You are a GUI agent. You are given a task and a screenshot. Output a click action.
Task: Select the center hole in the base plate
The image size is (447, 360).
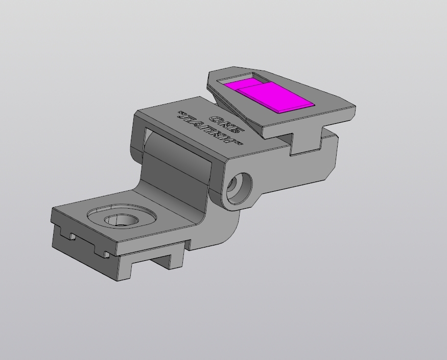[x=122, y=220]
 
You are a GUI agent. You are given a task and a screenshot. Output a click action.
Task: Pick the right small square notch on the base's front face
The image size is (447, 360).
[x=106, y=254]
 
